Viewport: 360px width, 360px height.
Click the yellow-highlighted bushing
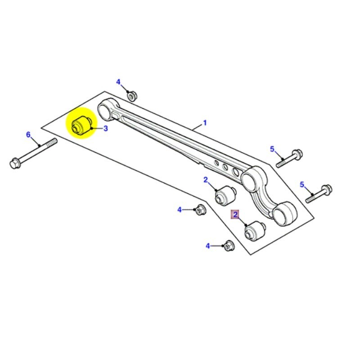[81, 124]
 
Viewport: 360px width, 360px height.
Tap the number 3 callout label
[106, 128]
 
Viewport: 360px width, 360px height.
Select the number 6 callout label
[28, 135]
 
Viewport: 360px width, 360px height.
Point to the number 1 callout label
[205, 122]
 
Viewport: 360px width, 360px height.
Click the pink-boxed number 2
[235, 215]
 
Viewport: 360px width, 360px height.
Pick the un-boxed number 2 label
[206, 180]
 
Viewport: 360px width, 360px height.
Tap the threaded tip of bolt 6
[54, 142]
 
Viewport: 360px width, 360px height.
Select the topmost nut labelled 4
[132, 95]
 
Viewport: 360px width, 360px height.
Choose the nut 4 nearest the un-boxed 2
[200, 209]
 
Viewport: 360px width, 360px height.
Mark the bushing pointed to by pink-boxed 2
[254, 231]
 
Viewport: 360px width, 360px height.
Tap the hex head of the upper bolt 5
[297, 154]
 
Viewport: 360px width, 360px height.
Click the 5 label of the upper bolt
[272, 149]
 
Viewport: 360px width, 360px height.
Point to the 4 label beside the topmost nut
[118, 82]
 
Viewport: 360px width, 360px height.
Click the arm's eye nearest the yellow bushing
[106, 108]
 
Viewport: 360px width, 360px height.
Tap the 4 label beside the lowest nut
[208, 246]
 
